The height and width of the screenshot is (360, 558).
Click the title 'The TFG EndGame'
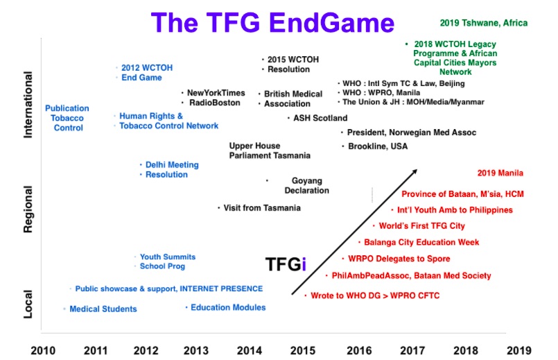(x=272, y=23)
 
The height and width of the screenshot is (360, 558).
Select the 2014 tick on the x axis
(x=249, y=351)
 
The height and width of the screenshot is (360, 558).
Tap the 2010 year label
(x=43, y=351)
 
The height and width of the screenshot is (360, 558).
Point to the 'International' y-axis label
(x=28, y=105)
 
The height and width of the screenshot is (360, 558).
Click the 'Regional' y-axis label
(x=28, y=209)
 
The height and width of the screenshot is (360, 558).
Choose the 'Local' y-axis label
(x=28, y=304)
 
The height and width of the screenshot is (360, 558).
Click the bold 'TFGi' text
(x=286, y=264)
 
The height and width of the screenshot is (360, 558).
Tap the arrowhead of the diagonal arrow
(x=415, y=171)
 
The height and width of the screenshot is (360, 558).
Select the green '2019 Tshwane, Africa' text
(x=484, y=23)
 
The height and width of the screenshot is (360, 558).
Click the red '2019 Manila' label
(x=500, y=173)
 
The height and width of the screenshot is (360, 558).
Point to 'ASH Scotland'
(x=320, y=118)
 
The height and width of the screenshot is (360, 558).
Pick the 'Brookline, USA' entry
(x=378, y=146)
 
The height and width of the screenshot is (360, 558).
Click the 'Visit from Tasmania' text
(x=262, y=208)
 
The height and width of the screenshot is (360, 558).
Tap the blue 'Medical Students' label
(x=103, y=309)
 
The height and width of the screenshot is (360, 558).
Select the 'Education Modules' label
(x=228, y=307)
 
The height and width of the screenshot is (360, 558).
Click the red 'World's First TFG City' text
(x=421, y=225)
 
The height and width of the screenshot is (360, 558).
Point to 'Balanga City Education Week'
(x=421, y=242)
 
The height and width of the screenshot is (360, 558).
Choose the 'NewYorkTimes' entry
(x=216, y=93)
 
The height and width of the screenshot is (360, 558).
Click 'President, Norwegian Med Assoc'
(x=411, y=132)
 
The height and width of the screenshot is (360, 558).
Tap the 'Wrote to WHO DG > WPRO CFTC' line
(x=375, y=295)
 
